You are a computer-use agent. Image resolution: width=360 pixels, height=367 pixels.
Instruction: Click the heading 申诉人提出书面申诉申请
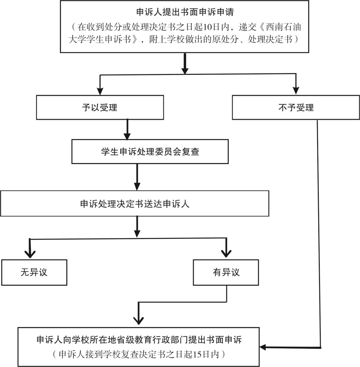pos(185,12)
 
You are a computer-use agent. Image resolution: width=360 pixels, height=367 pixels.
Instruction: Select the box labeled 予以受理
pos(100,108)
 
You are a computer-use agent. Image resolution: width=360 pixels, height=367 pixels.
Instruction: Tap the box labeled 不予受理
pos(296,108)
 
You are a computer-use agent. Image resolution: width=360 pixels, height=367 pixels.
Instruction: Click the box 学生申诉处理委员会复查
pos(150,152)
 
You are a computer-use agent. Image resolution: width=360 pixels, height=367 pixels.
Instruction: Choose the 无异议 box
pos(34,272)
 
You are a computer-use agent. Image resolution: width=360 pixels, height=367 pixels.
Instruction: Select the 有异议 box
pos(226,272)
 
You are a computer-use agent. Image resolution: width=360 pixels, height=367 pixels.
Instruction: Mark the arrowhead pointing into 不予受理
pos(296,90)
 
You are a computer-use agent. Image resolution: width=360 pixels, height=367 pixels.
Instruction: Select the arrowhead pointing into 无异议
pos(30,254)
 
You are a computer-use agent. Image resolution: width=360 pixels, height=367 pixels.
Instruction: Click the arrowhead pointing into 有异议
pos(226,254)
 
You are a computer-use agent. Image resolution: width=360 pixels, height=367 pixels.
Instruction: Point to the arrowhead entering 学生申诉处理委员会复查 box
pos(127,135)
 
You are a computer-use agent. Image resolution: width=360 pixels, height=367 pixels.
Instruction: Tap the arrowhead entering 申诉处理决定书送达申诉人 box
pos(137,186)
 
